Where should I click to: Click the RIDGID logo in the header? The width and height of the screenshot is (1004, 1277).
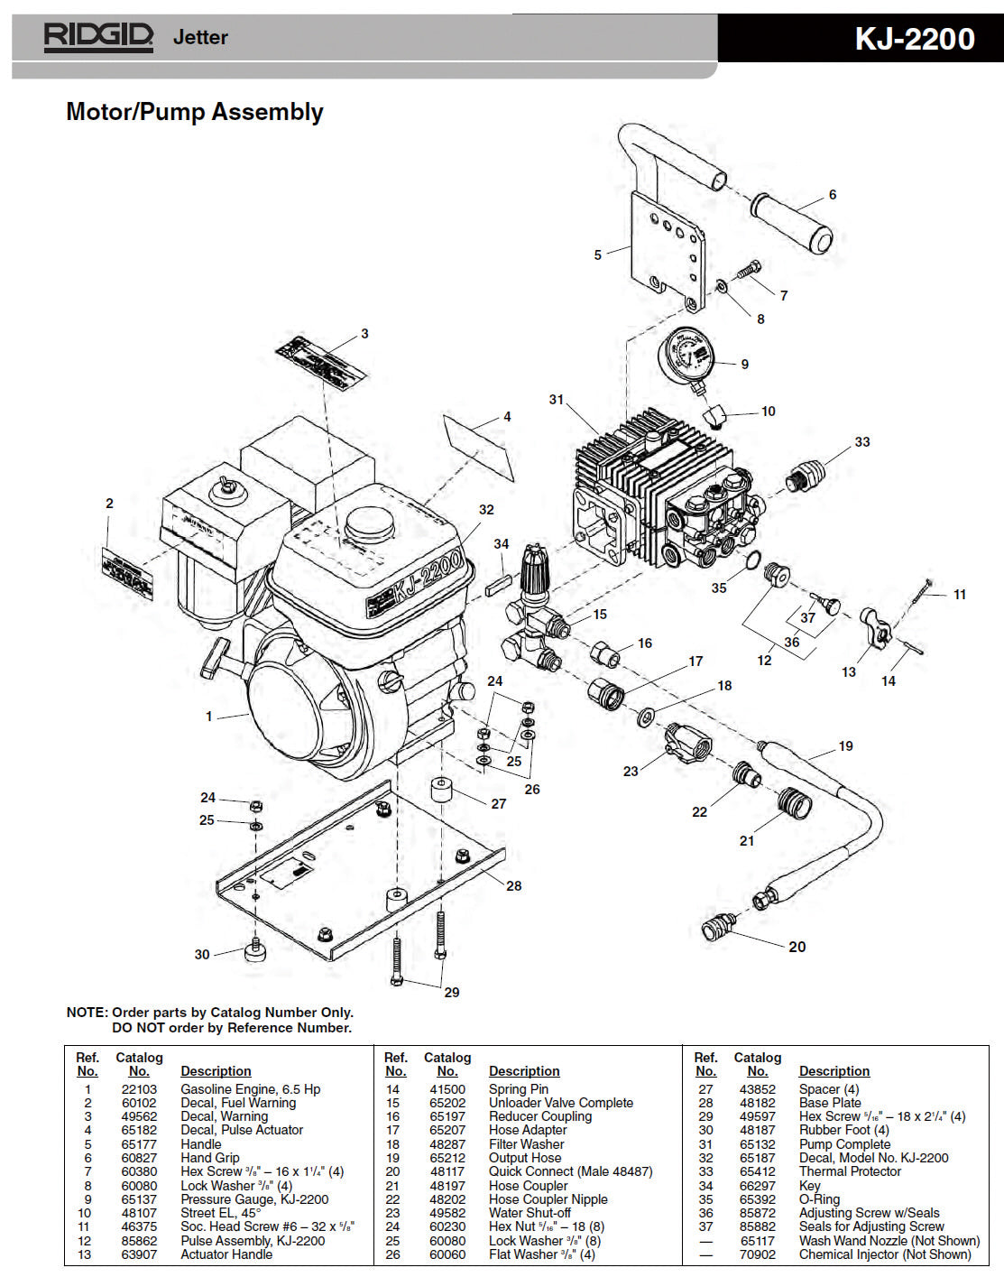(x=99, y=37)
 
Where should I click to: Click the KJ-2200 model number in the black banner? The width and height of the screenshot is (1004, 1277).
(x=914, y=39)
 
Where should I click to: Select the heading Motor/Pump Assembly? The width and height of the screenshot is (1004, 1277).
(x=195, y=112)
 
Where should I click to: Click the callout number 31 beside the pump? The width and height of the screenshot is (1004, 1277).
(x=556, y=400)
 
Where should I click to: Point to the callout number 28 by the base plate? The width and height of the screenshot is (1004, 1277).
(x=513, y=885)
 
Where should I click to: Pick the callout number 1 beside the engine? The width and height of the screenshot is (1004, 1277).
(x=208, y=717)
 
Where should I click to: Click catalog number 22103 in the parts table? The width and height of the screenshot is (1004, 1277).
(x=139, y=1089)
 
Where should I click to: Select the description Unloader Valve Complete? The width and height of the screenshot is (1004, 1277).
(x=560, y=1103)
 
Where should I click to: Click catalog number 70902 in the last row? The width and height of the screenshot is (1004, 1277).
(x=758, y=1254)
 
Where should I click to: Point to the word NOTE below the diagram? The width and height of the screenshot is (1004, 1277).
(x=87, y=1013)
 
